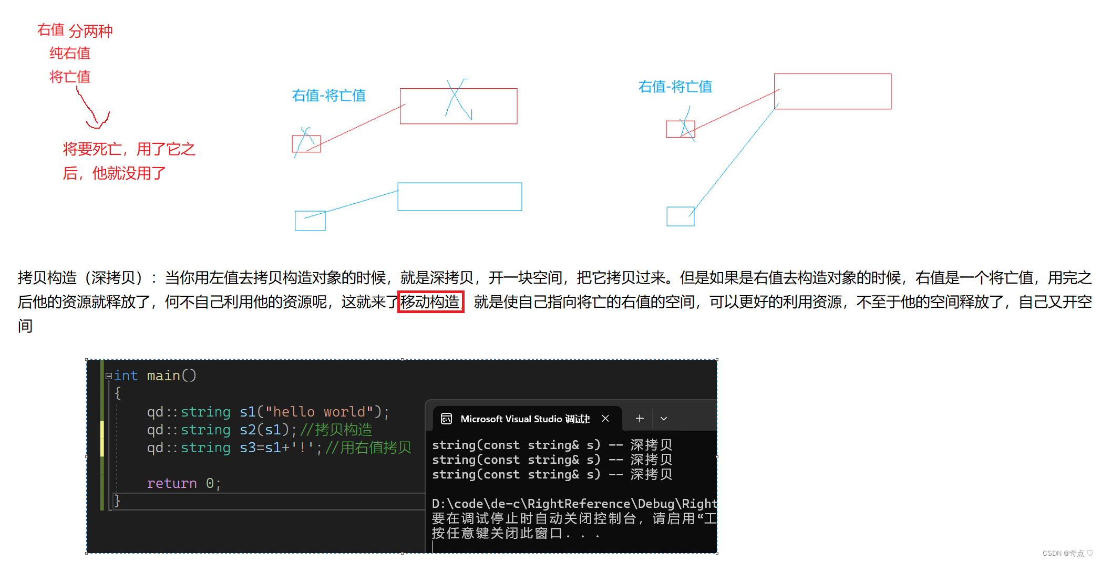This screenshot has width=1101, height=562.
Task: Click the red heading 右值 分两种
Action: [x=75, y=30]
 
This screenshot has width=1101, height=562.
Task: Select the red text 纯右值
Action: [x=70, y=53]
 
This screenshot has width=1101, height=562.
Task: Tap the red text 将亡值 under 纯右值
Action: [x=70, y=77]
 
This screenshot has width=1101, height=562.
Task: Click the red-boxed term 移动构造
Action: [x=430, y=302]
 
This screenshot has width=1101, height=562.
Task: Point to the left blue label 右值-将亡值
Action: [x=328, y=96]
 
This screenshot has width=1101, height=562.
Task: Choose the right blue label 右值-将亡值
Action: [x=675, y=87]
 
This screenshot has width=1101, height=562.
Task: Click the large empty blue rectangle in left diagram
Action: [x=459, y=196]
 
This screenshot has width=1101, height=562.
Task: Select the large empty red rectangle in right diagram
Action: [x=832, y=91]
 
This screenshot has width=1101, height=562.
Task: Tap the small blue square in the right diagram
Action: [x=680, y=216]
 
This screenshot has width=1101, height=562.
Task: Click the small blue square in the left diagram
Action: [x=310, y=221]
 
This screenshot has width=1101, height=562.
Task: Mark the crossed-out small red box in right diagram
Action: [x=680, y=129]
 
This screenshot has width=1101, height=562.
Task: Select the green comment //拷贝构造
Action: [x=336, y=430]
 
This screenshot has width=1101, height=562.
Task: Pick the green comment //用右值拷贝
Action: [x=368, y=447]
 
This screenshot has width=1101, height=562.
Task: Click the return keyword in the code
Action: [x=172, y=483]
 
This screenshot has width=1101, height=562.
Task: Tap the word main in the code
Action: [x=163, y=376]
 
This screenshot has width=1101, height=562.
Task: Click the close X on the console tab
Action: [x=605, y=419]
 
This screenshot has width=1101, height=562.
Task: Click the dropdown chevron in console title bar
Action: [x=664, y=419]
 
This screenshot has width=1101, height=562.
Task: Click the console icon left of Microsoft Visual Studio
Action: [x=446, y=419]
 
